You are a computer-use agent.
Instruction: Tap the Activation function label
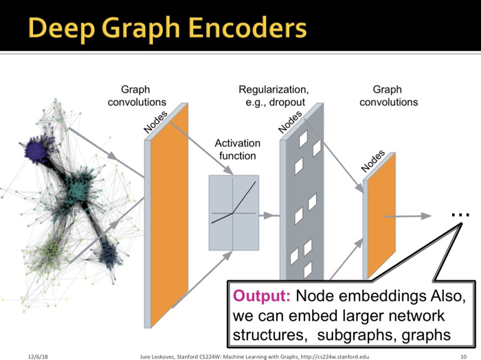tap(238, 149)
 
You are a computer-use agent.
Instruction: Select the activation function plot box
tap(233, 212)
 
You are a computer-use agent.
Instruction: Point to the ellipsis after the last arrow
tap(460, 215)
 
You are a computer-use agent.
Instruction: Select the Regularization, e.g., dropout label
tap(273, 95)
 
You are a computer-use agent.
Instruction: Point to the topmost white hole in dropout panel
tap(302, 139)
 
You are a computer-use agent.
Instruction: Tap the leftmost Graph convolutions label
tap(136, 95)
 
